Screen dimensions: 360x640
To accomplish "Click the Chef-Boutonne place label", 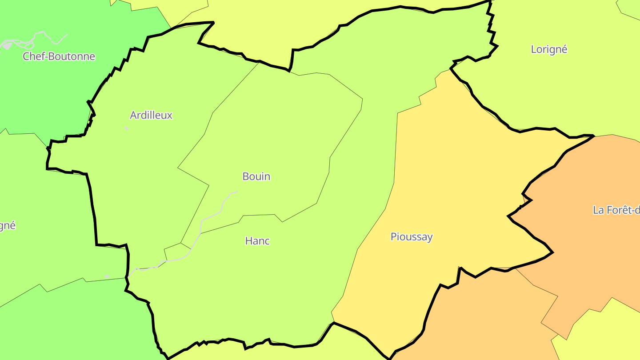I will pos(59,56).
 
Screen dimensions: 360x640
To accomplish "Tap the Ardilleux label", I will pos(151,116).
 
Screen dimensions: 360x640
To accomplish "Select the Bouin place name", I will pos(256,176).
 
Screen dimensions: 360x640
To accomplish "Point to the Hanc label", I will pos(257,241).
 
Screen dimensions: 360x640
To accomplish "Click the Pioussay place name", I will pos(411,237).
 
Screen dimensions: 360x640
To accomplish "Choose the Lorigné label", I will pos(549,49).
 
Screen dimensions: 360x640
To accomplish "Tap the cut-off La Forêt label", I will pos(616,210).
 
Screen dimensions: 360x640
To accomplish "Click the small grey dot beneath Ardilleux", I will pos(127,128).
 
